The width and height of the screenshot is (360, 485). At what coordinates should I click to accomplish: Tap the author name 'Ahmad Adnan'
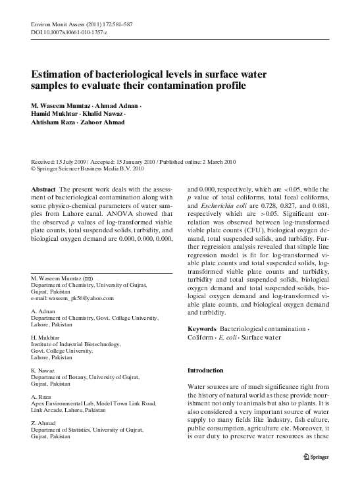[x=116, y=105]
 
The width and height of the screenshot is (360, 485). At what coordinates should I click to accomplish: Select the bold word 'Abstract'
[x=43, y=189]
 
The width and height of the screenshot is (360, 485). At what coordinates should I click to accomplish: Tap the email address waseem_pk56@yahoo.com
[x=81, y=297]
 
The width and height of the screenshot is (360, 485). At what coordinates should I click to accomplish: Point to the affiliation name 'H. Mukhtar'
[x=45, y=336]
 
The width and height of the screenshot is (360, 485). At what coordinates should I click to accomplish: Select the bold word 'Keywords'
[x=202, y=328]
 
